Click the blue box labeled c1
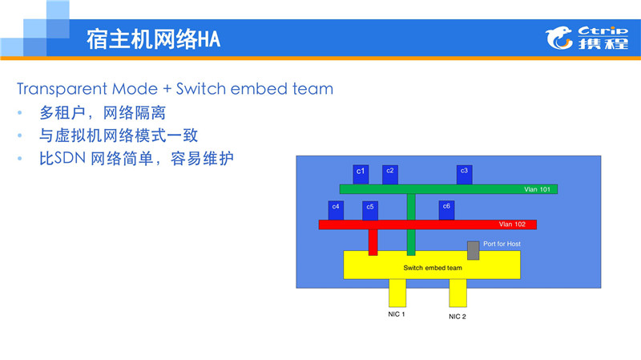361,173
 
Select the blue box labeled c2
389,173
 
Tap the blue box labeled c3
464,173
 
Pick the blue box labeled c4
336,209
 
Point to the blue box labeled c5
369,209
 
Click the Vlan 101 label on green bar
536,189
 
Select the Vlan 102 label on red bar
511,224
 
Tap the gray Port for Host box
474,250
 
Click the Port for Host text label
502,244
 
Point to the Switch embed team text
433,268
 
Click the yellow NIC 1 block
398,292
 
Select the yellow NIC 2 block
458,293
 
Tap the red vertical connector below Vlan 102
373,241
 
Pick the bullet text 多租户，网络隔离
103,112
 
